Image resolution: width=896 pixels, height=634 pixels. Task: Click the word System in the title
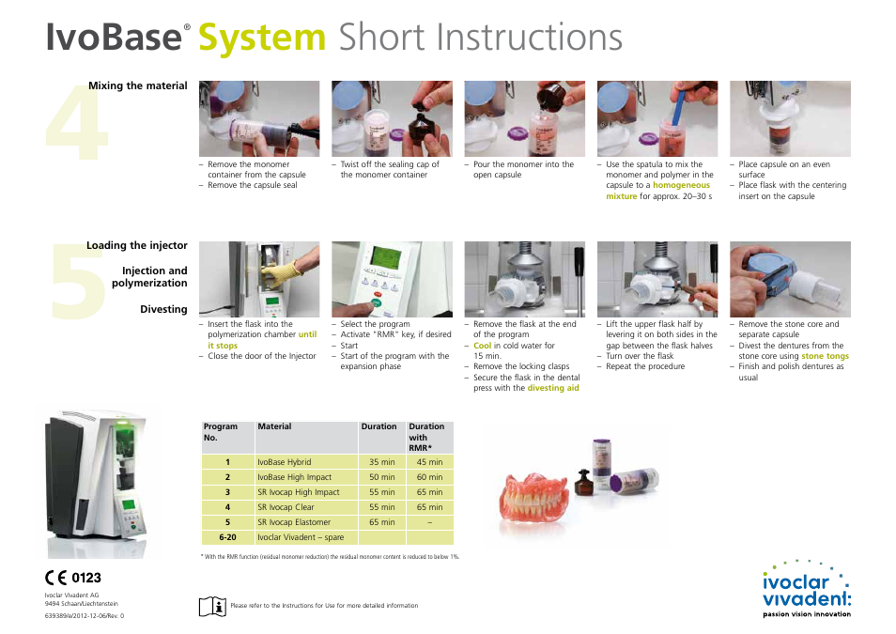(262, 38)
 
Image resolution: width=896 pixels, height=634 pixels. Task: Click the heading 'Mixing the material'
(138, 86)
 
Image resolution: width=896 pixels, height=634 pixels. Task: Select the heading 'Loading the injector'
(137, 246)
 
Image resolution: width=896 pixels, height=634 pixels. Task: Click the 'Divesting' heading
(163, 310)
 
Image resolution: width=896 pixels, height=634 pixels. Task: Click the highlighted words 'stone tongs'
(825, 357)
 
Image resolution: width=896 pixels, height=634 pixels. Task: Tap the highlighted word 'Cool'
(483, 346)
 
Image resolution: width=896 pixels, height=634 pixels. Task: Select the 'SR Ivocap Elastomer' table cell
(294, 522)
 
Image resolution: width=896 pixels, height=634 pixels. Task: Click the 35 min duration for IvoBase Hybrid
(381, 462)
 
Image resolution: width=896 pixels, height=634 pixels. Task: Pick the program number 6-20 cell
(227, 537)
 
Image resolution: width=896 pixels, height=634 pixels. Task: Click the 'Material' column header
(275, 426)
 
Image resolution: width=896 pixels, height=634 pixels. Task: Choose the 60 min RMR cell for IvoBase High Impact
(429, 477)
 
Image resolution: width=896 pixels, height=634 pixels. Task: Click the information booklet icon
(213, 606)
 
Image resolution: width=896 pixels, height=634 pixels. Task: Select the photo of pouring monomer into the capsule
(524, 118)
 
